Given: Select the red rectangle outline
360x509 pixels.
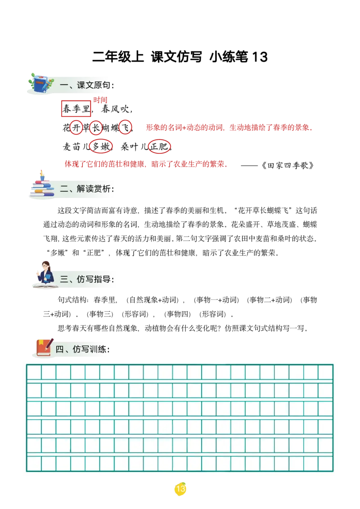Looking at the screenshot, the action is pyautogui.click(x=76, y=109).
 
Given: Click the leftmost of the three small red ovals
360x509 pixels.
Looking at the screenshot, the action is pyautogui.click(x=76, y=128).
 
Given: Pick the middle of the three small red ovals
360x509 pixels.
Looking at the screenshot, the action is pyautogui.click(x=96, y=128).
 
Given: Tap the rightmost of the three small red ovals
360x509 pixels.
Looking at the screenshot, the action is pyautogui.click(x=125, y=127).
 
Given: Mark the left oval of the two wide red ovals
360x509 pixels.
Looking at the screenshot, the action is pyautogui.click(x=100, y=146).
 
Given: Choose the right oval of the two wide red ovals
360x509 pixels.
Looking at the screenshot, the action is pyautogui.click(x=159, y=146).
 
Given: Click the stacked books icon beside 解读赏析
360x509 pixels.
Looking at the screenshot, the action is pyautogui.click(x=42, y=185).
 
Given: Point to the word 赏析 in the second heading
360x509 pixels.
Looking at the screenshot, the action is pyautogui.click(x=102, y=189).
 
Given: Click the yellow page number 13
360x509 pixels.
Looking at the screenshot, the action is pyautogui.click(x=180, y=489).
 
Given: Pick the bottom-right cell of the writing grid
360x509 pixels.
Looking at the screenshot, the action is pyautogui.click(x=325, y=463).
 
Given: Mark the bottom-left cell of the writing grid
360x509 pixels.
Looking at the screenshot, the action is pyautogui.click(x=34, y=463).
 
